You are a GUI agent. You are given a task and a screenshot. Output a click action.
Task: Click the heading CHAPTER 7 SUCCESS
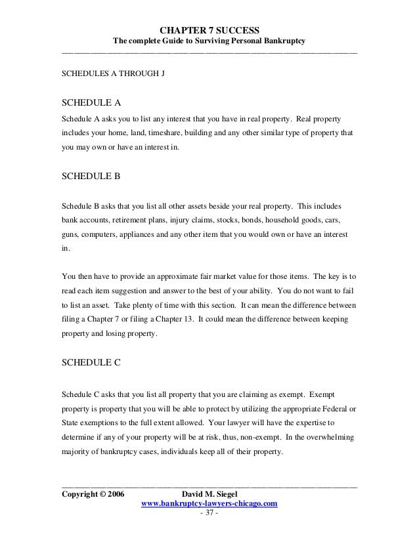[x=209, y=30]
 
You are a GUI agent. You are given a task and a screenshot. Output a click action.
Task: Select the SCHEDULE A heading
[x=91, y=102]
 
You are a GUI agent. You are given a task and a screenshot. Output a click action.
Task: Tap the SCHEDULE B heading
[x=91, y=177]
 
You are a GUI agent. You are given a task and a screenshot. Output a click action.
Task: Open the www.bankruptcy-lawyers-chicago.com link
[x=209, y=503]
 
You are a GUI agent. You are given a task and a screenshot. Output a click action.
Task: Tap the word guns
[x=71, y=234]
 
